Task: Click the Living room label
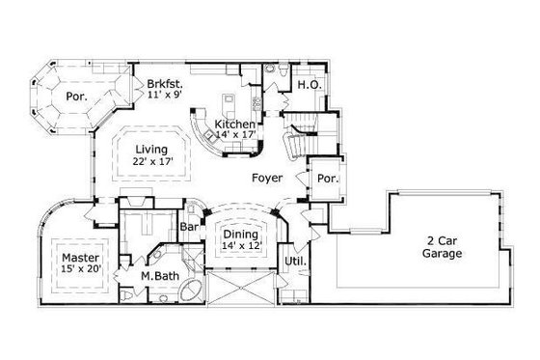coord(151,150)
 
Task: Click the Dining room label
coord(240,234)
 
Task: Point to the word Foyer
coord(266,179)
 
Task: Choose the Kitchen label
coord(235,125)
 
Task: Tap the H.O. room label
coord(309,85)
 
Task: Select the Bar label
coord(190,227)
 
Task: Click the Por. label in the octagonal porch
coord(75,97)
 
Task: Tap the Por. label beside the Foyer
coord(326,179)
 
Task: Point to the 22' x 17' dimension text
coord(151,162)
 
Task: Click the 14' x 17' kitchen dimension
coord(235,137)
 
